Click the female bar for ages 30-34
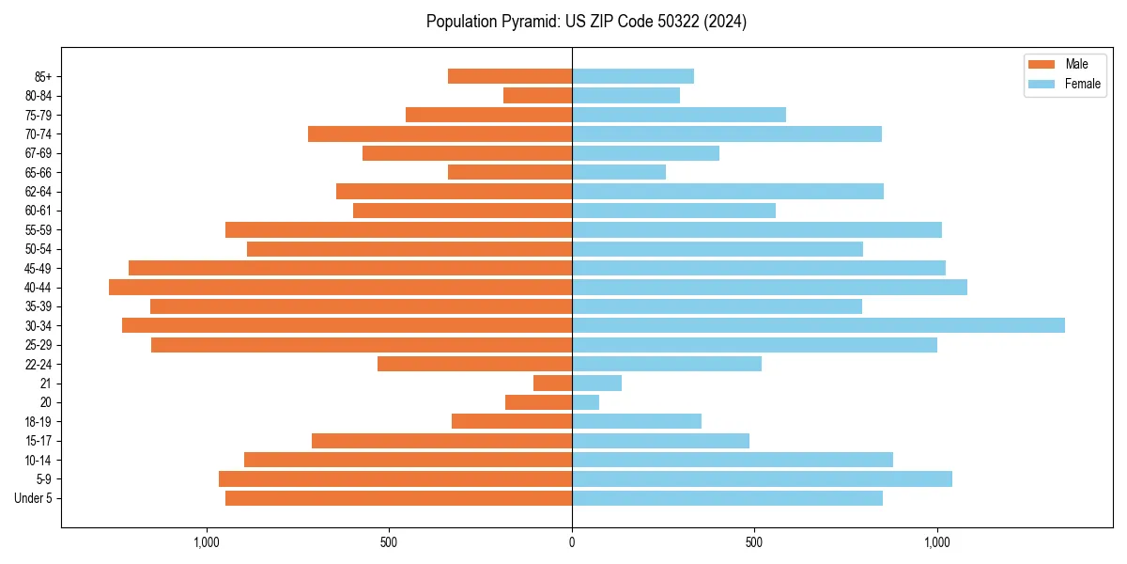click(x=818, y=325)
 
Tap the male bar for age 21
click(x=552, y=383)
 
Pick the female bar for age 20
click(x=585, y=402)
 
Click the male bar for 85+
click(x=510, y=76)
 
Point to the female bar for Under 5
click(x=727, y=498)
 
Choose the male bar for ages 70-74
click(x=440, y=133)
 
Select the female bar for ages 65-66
click(x=619, y=172)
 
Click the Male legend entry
click(x=1076, y=64)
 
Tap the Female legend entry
click(x=1082, y=84)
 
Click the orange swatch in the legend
click(x=1042, y=64)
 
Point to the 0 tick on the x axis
click(x=572, y=542)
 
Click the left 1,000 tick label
click(x=206, y=542)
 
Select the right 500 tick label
click(x=754, y=542)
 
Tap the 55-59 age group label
click(x=39, y=229)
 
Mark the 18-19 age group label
click(x=39, y=422)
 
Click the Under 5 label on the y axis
click(x=34, y=498)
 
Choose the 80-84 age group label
click(x=39, y=95)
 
